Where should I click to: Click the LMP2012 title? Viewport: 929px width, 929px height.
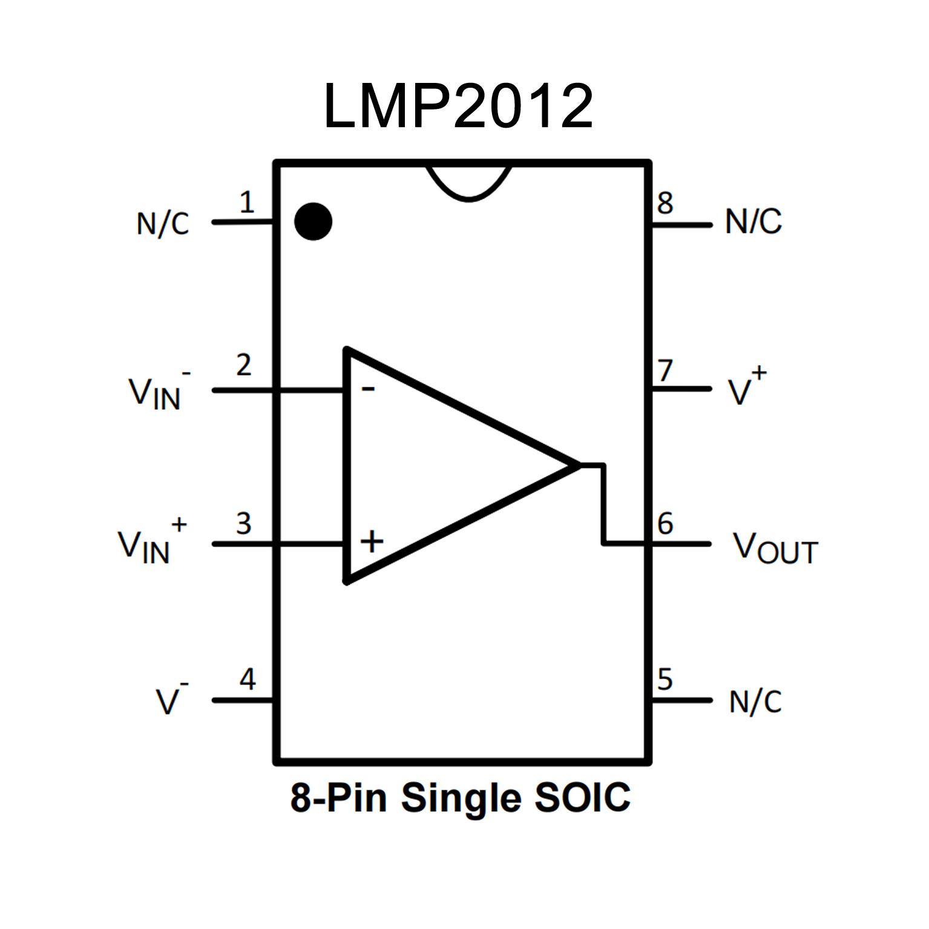pyautogui.click(x=458, y=107)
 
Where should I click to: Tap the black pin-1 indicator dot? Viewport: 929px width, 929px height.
pyautogui.click(x=313, y=221)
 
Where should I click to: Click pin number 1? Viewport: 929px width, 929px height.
pyautogui.click(x=246, y=202)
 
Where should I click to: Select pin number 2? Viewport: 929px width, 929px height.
pyautogui.click(x=243, y=365)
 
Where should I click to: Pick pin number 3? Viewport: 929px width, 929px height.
pyautogui.click(x=243, y=524)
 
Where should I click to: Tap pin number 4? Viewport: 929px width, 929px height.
pyautogui.click(x=248, y=679)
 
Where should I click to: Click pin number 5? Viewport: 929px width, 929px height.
pyautogui.click(x=665, y=679)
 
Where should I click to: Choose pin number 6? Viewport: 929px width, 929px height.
pyautogui.click(x=665, y=524)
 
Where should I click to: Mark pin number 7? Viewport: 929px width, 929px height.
pyautogui.click(x=665, y=370)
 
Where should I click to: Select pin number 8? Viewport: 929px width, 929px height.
pyautogui.click(x=665, y=203)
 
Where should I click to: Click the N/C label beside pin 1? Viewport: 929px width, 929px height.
pyautogui.click(x=163, y=224)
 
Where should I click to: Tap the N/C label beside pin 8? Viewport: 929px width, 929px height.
pyautogui.click(x=753, y=222)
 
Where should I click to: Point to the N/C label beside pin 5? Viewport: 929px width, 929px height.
pyautogui.click(x=755, y=702)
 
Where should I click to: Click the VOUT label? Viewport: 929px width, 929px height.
pyautogui.click(x=775, y=548)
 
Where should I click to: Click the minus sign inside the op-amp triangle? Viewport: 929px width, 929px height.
pyautogui.click(x=368, y=389)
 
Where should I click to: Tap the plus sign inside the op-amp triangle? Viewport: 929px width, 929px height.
pyautogui.click(x=372, y=540)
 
